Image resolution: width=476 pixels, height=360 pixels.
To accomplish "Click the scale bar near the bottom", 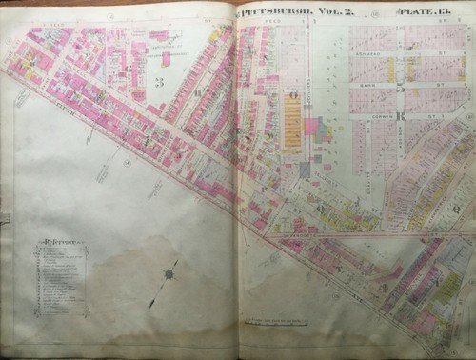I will click(x=286, y=327).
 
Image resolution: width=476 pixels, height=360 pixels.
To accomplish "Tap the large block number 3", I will click(x=160, y=83).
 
